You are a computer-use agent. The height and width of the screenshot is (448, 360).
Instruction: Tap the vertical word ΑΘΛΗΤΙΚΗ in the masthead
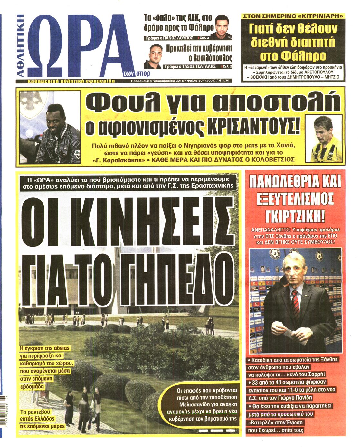pyautogui.click(x=20, y=45)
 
